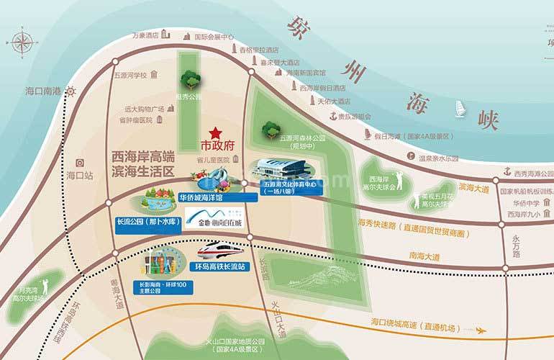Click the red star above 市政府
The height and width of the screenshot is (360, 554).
pyautogui.click(x=214, y=133)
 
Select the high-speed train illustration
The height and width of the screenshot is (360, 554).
pyautogui.click(x=220, y=253)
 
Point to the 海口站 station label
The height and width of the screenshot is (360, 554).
pyautogui.click(x=80, y=175)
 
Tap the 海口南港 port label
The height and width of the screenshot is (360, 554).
pyautogui.click(x=44, y=91)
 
